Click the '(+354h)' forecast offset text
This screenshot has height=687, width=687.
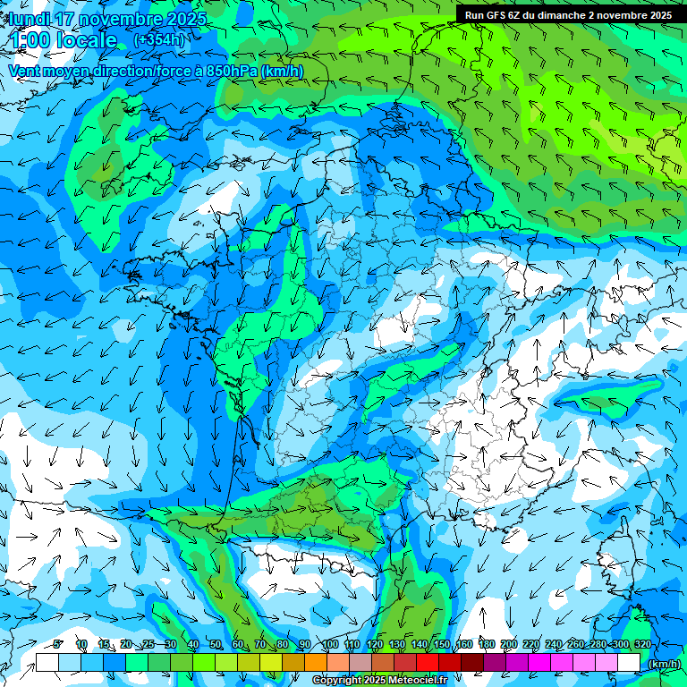click(x=159, y=40)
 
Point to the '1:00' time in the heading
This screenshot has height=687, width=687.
click(x=32, y=40)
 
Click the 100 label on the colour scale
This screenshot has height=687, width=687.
click(x=330, y=644)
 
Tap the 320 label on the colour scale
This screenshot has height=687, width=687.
click(x=642, y=644)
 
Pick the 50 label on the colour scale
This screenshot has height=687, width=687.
click(x=215, y=644)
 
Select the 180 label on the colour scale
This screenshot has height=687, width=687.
click(x=487, y=644)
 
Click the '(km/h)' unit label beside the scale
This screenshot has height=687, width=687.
click(x=664, y=664)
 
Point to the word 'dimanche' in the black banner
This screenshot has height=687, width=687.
click(x=562, y=15)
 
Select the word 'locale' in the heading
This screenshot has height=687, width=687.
click(x=87, y=40)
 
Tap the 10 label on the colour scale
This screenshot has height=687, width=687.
click(x=81, y=644)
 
